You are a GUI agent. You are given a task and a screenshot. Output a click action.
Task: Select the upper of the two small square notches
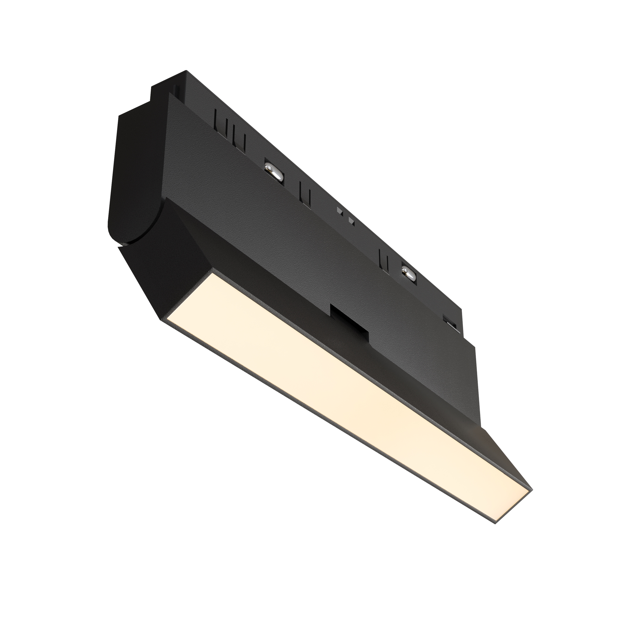[x=340, y=211]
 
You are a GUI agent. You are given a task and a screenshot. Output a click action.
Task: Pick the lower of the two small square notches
[x=351, y=221]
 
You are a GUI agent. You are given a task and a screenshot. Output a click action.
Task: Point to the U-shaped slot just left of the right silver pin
[x=384, y=259]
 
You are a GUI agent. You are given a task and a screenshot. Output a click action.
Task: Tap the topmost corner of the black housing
[x=186, y=71]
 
